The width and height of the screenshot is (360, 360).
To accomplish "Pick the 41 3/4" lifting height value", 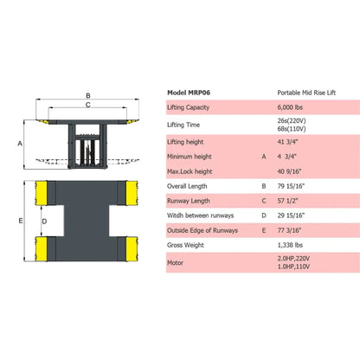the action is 289,143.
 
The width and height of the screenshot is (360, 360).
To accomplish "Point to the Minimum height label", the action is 190,157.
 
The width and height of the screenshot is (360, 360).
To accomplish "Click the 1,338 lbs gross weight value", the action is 292,247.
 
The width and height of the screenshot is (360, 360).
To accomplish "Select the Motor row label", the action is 176,265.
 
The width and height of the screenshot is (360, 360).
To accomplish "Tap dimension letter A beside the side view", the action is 19,144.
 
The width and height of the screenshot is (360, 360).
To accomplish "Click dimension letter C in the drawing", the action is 88,105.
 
